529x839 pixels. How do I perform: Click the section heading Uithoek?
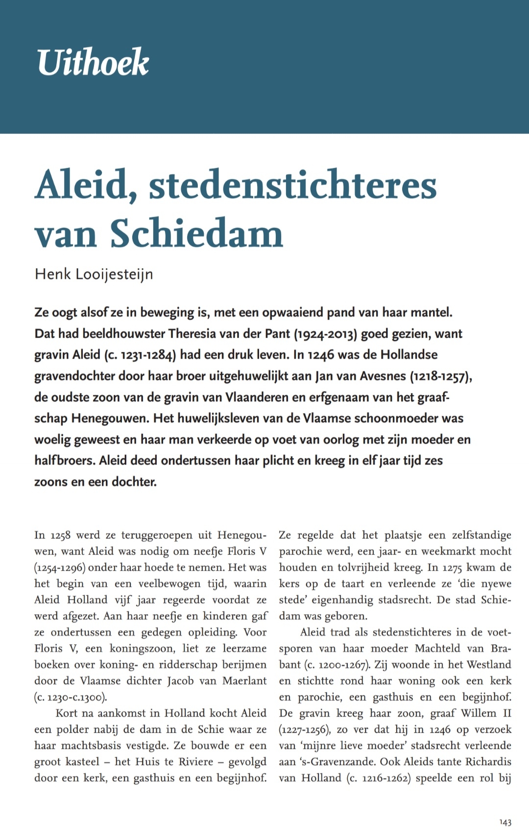click(x=93, y=62)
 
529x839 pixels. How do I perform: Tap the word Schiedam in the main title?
click(x=196, y=233)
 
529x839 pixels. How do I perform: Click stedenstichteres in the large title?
click(x=292, y=185)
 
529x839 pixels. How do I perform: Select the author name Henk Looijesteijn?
click(x=94, y=274)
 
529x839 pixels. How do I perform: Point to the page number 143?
click(x=505, y=822)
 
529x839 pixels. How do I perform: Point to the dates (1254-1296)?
click(x=60, y=567)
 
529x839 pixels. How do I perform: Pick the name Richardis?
click(x=488, y=762)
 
